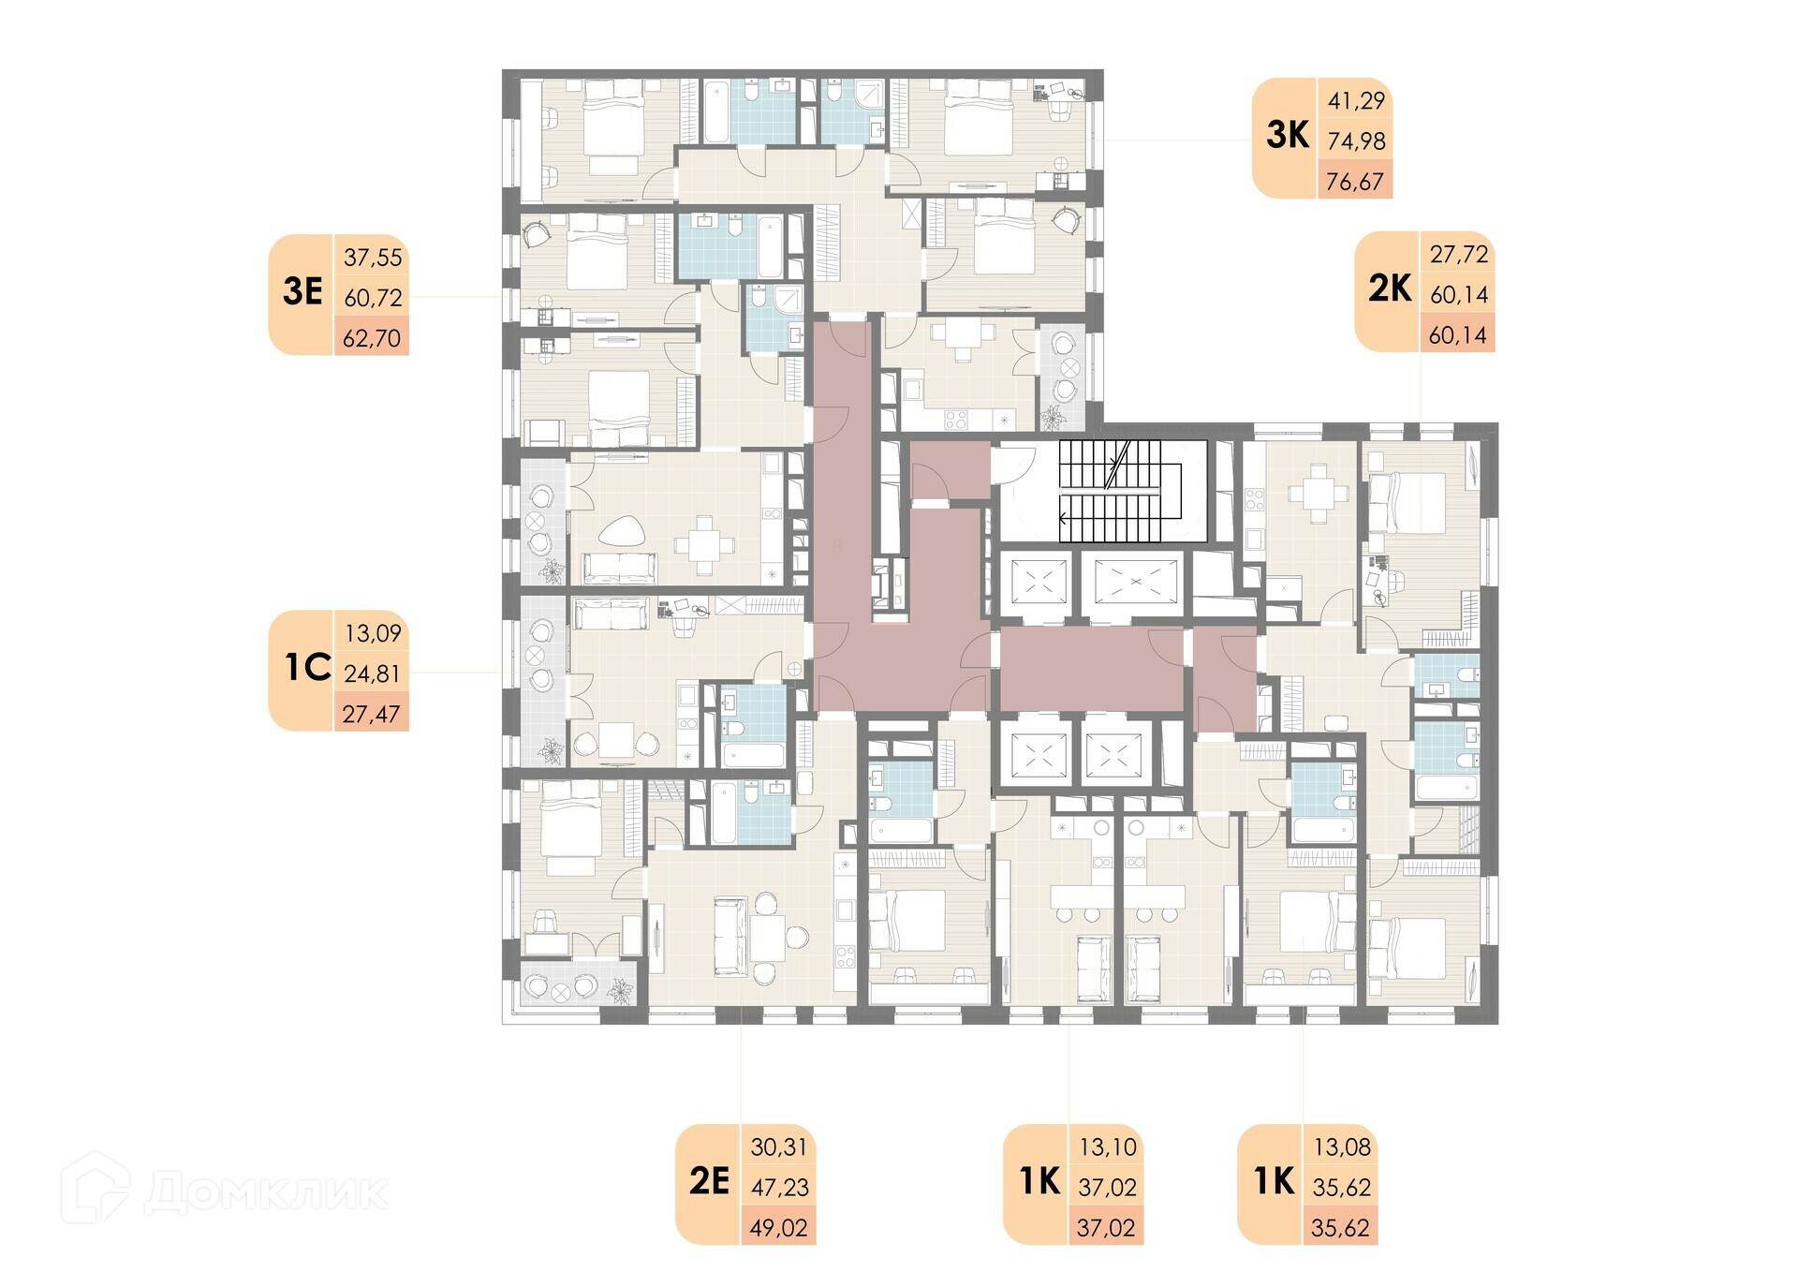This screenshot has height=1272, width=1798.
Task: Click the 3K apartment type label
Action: coord(1287,136)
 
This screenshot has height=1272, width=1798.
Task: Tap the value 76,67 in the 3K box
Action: coord(1355,181)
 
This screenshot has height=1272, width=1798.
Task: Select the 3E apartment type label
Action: coord(302,292)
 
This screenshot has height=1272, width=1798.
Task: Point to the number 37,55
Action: coord(373,258)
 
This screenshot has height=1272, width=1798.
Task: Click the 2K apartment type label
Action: coord(1390,288)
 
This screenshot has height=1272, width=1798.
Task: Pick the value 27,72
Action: coord(1458,254)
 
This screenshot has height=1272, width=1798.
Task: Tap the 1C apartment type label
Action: coord(307,668)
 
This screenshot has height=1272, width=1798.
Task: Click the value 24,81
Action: coord(372,673)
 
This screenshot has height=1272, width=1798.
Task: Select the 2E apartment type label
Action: coord(709,1181)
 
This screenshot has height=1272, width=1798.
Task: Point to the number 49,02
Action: coord(778,1228)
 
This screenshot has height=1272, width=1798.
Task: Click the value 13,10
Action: coord(1108,1146)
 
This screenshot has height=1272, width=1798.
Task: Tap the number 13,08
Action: coord(1342,1146)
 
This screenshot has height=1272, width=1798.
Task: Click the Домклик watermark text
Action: coord(266,1192)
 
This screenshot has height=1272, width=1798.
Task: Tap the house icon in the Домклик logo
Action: coord(96,1188)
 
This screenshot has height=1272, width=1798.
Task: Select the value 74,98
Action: coord(1356,141)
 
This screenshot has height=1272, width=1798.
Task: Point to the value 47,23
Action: coord(779,1188)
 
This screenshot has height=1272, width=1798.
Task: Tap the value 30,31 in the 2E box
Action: coord(778,1146)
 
